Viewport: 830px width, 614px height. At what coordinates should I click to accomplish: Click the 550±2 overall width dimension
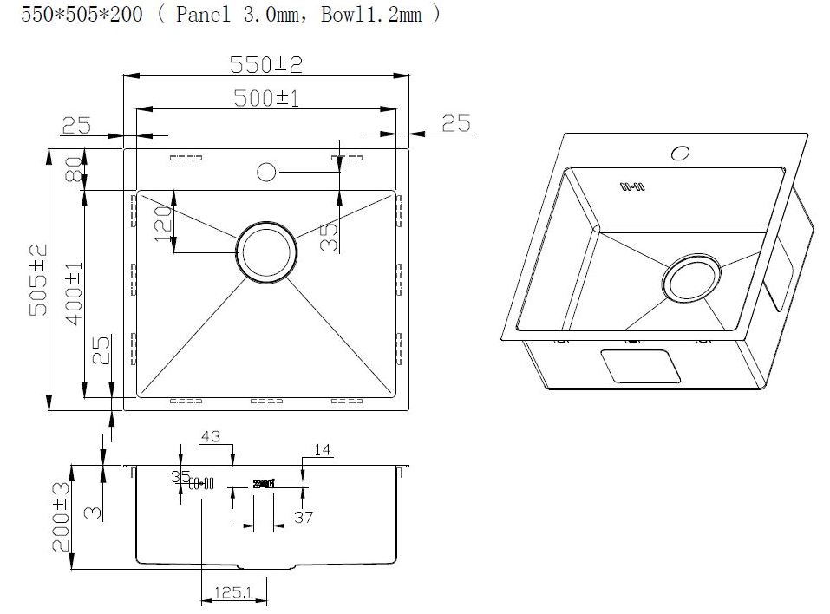[265, 64]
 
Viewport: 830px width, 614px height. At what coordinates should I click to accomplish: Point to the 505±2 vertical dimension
[39, 279]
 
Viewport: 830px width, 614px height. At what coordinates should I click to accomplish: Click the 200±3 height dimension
[60, 517]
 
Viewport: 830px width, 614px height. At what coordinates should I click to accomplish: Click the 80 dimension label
[74, 170]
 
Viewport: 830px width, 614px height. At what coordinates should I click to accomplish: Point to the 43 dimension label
[211, 436]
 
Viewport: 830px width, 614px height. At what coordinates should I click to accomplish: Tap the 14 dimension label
[322, 449]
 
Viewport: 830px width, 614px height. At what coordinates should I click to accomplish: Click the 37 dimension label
[304, 518]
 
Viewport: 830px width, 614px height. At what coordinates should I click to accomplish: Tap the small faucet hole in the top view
[266, 171]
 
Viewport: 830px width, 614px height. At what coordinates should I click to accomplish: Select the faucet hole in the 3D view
[680, 153]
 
